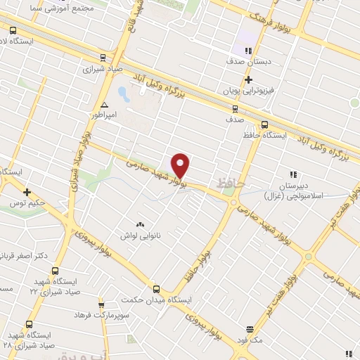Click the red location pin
click(181, 165)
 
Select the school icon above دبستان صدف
click(247, 51)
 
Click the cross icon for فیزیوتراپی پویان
click(248, 80)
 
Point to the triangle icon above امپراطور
click(104, 104)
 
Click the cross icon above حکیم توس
click(27, 192)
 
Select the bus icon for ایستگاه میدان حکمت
click(156, 288)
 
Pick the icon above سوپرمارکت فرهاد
click(101, 304)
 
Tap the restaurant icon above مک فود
click(249, 328)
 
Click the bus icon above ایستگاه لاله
click(13, 30)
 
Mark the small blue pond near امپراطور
click(122, 93)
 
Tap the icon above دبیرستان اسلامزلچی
click(293, 174)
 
